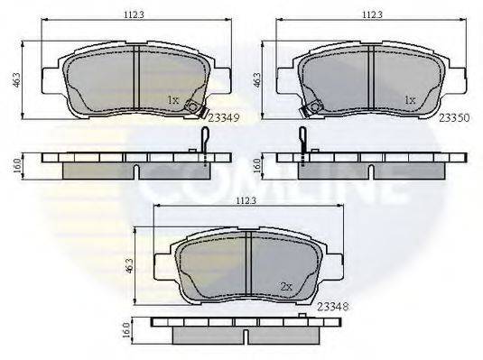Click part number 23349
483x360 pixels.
pyautogui.click(x=224, y=117)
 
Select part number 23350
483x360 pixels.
pyautogui.click(x=454, y=117)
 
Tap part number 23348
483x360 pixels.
pyautogui.click(x=333, y=307)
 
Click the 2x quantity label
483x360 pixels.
pyautogui.click(x=286, y=287)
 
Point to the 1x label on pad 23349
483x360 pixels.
pyautogui.click(x=172, y=100)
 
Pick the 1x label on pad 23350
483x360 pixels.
pyautogui.click(x=410, y=100)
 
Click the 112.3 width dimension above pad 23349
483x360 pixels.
pyautogui.click(x=134, y=14)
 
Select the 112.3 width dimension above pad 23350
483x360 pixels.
pyautogui.click(x=372, y=14)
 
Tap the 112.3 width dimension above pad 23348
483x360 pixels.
pyautogui.click(x=246, y=201)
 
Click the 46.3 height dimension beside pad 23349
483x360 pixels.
pyautogui.click(x=17, y=79)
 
